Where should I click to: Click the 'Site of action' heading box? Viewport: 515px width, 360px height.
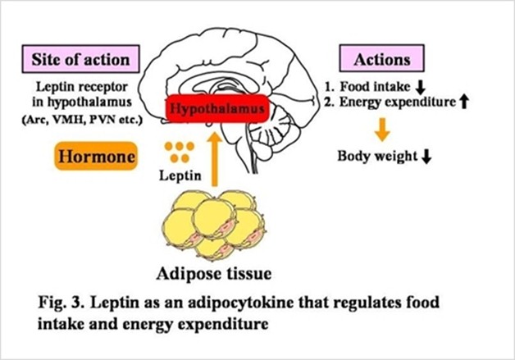pyautogui.click(x=80, y=60)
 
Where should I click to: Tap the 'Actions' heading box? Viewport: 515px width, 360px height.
pyautogui.click(x=381, y=60)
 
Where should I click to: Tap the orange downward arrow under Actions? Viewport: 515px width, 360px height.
pyautogui.click(x=380, y=128)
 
